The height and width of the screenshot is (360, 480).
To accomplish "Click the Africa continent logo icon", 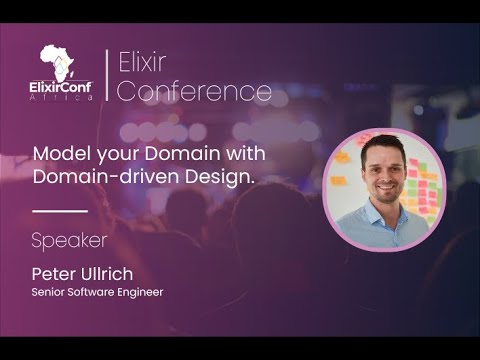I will [58, 62].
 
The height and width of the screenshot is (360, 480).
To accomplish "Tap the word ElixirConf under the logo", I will [61, 87].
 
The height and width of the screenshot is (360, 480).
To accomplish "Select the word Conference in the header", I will [196, 92].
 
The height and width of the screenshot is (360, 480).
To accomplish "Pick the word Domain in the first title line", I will [159, 157].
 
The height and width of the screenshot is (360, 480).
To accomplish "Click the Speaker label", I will [69, 241].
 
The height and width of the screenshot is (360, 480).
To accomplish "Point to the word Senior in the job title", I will [47, 292].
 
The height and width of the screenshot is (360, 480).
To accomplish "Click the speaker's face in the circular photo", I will [381, 181].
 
